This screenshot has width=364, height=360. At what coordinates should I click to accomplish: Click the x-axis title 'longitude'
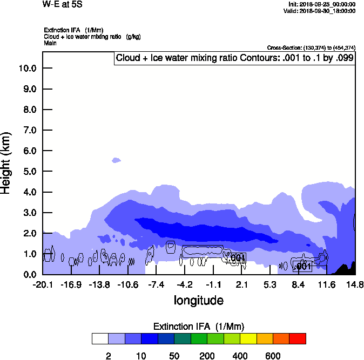pos(198,300)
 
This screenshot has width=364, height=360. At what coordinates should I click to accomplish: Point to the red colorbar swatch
pos(298,338)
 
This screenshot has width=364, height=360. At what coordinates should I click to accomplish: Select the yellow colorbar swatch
pos(248,338)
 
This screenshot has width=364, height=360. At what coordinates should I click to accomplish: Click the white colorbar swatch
pos(99,338)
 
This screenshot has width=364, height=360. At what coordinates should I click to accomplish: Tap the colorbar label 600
pos(273,356)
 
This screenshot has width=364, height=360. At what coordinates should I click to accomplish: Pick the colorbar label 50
pos(174,356)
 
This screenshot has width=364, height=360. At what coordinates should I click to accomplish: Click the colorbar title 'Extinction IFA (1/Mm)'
pos(199,327)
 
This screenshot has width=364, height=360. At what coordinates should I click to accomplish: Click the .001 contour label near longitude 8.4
pos(302,266)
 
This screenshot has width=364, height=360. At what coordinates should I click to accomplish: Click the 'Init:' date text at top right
pos(322,4)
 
